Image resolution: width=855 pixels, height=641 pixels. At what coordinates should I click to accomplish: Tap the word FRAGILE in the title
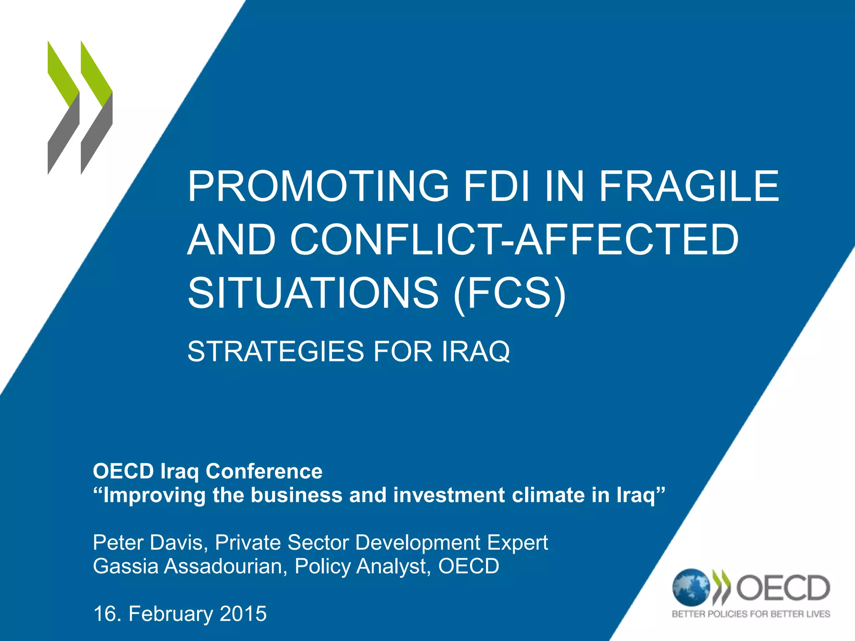[x=689, y=186]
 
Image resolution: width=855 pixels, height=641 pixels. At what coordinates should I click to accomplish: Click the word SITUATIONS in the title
[x=313, y=293]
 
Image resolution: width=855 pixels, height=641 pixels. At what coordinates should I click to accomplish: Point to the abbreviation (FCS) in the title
[x=509, y=294]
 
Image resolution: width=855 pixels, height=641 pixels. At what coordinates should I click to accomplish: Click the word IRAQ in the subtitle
[x=476, y=351]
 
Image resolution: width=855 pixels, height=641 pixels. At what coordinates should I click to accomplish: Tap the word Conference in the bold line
[x=264, y=472]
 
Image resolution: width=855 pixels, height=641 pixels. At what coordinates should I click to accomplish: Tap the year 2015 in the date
[x=243, y=614]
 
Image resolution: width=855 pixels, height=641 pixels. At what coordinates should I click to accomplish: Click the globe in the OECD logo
[x=691, y=588]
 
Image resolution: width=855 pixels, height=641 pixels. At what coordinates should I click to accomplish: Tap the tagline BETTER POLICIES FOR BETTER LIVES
[x=751, y=614]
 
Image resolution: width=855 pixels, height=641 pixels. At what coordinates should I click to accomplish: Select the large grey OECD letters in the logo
[x=783, y=588]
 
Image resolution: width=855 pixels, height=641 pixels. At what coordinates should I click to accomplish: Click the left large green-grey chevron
[x=63, y=108]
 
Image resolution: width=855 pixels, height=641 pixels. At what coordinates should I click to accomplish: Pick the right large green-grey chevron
[x=96, y=108]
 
